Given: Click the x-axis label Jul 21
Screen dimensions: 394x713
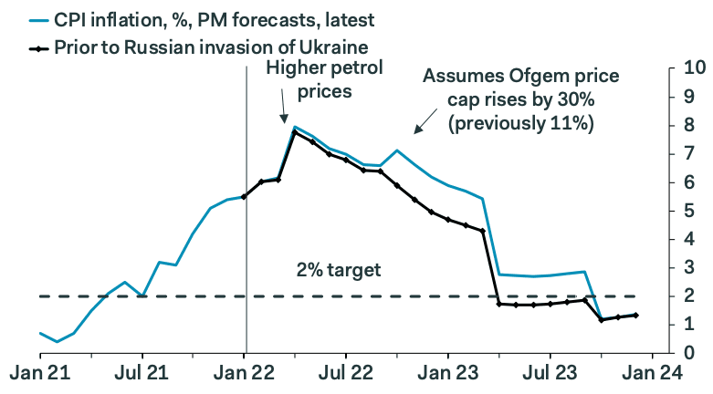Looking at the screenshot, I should [142, 374].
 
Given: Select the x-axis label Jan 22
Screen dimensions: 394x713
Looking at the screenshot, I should [245, 374].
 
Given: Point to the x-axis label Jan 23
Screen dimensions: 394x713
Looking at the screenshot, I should [448, 374].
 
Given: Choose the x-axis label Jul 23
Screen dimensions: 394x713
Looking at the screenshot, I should [550, 374].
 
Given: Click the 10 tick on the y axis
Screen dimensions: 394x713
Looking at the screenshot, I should [691, 68].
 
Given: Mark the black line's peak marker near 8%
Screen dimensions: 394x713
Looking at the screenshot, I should [295, 133].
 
